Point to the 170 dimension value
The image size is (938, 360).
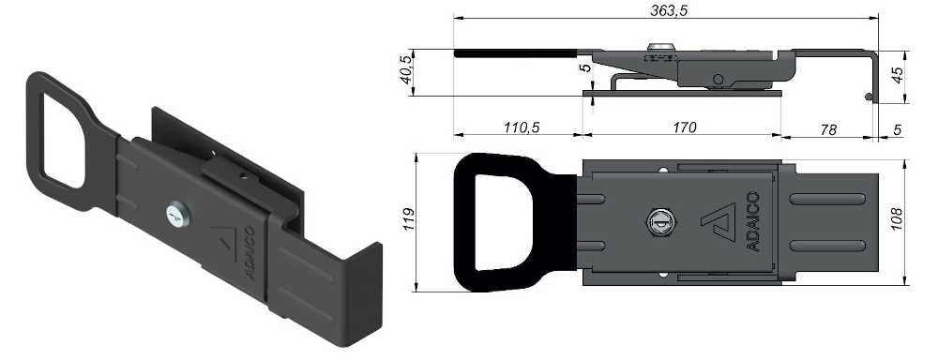683,127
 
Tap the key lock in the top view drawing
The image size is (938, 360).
658,222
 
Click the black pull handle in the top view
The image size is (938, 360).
507,222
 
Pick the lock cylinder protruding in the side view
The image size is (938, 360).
660,48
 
